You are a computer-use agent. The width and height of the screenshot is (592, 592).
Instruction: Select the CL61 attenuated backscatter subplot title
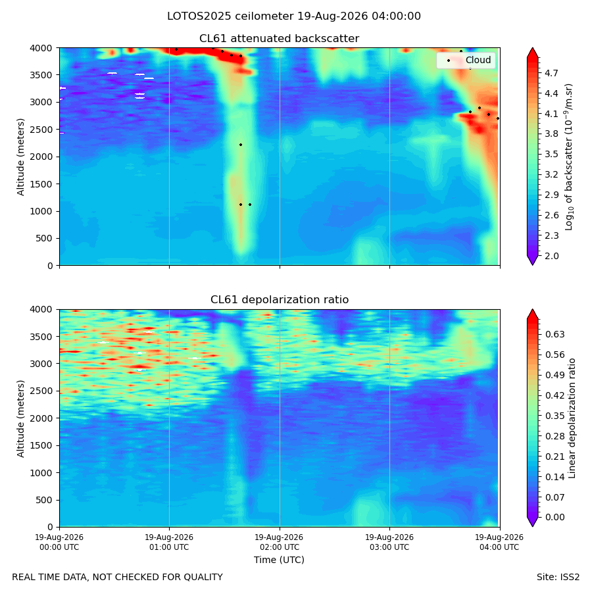[280, 39]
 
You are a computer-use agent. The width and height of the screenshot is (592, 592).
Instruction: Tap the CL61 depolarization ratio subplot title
[280, 300]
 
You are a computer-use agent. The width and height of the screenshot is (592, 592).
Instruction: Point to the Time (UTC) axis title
[279, 560]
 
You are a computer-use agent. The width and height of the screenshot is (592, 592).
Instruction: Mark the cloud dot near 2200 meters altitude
[241, 145]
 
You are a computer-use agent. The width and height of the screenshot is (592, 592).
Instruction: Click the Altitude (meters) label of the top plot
[20, 157]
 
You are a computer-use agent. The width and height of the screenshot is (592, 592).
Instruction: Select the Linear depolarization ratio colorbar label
[572, 418]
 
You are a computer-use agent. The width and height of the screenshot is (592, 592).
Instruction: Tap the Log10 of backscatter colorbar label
[569, 157]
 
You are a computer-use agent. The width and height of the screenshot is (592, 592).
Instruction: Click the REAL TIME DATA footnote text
[118, 578]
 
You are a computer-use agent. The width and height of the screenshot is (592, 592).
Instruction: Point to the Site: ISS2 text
[558, 578]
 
